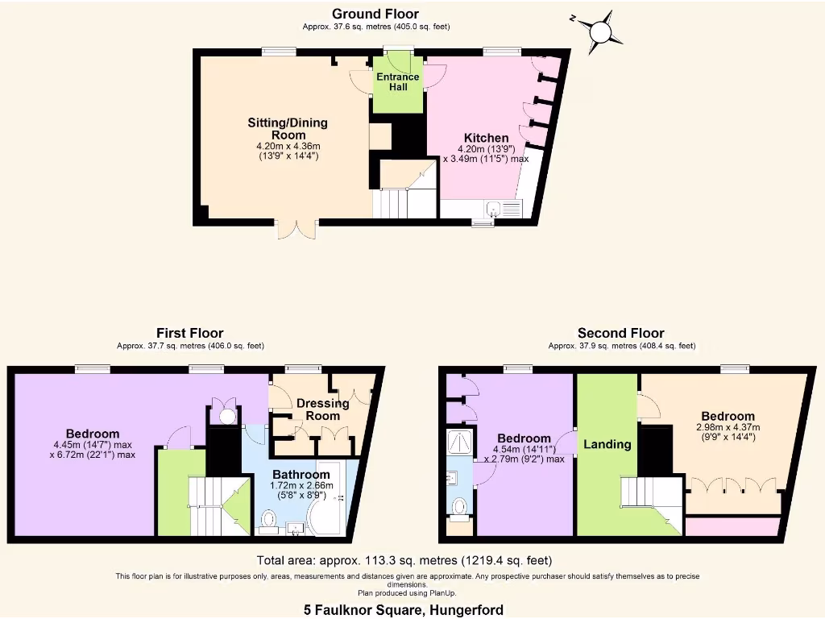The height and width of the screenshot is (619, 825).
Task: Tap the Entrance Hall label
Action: (x=398, y=82)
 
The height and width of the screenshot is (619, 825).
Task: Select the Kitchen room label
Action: (x=485, y=138)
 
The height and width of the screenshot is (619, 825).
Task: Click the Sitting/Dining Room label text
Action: (x=288, y=129)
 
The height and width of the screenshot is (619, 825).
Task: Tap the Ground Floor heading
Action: (x=375, y=14)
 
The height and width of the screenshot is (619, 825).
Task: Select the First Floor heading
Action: (x=190, y=333)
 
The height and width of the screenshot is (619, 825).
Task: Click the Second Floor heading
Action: (x=621, y=333)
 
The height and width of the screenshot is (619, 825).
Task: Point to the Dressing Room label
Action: (x=322, y=409)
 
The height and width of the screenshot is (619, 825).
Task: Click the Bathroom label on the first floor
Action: (x=299, y=474)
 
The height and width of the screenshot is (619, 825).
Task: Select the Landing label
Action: (x=607, y=444)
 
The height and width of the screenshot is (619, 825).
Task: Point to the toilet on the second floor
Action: (x=459, y=507)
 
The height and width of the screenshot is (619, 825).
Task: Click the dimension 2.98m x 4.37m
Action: (x=728, y=427)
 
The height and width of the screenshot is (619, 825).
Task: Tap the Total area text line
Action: (x=404, y=560)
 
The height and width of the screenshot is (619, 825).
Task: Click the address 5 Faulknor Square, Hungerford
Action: (x=404, y=610)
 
